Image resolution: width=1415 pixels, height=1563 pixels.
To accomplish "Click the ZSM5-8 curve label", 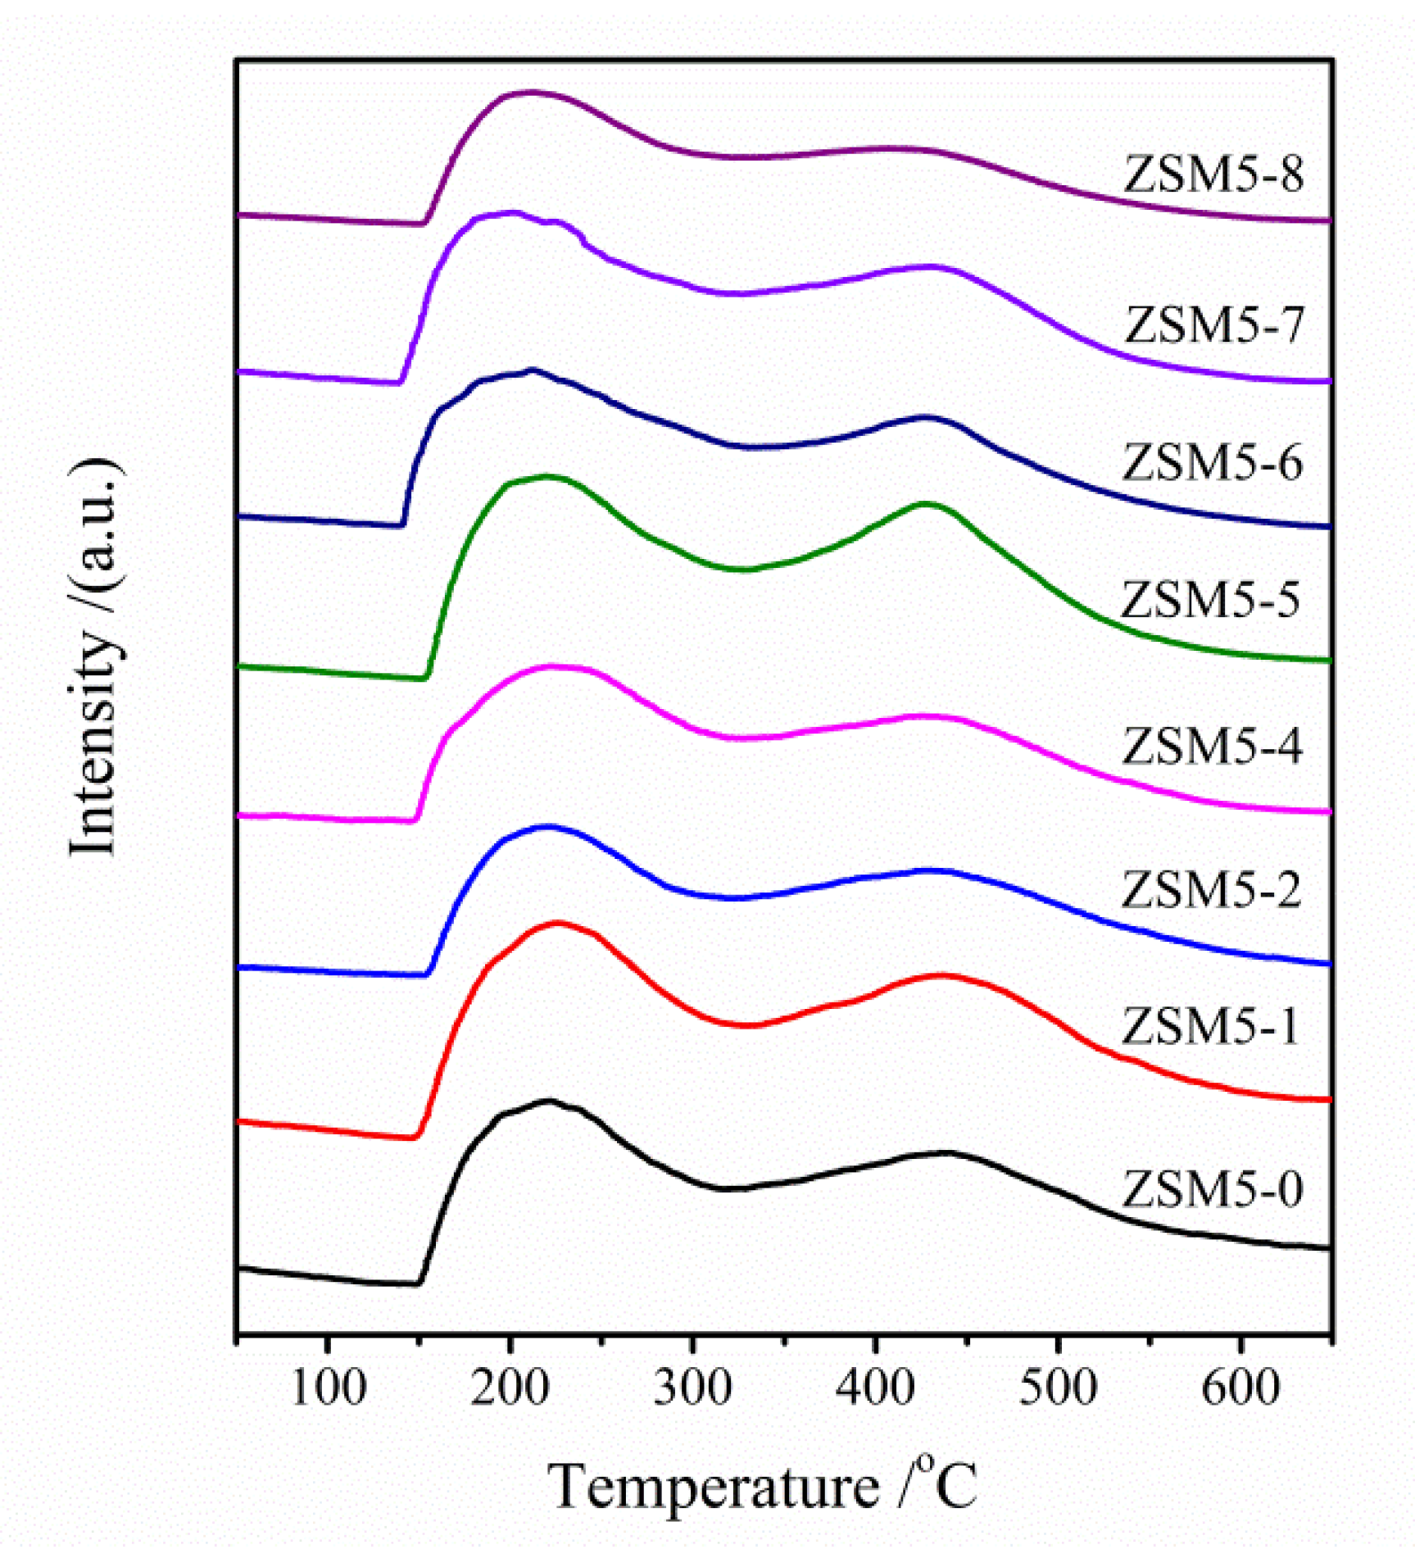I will click(x=1213, y=174).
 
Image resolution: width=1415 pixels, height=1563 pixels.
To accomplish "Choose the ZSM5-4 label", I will click(x=1212, y=746).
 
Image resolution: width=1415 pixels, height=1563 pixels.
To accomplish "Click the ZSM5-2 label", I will click(x=1211, y=889).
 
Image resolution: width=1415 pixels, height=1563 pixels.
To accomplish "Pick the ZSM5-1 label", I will click(x=1210, y=1025).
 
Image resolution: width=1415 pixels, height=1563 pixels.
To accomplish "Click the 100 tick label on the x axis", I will click(x=328, y=1388).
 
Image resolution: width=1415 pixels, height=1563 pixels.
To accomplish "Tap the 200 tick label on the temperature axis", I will click(x=510, y=1388).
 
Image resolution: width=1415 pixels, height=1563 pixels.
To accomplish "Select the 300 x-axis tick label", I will click(x=692, y=1388).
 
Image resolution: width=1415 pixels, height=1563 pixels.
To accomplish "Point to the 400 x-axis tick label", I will click(x=875, y=1388).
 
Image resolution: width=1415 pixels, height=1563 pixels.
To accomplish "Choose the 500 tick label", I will click(x=1058, y=1388).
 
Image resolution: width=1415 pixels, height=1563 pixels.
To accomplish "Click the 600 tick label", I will click(x=1240, y=1388).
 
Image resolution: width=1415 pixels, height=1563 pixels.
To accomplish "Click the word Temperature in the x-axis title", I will click(x=713, y=1488).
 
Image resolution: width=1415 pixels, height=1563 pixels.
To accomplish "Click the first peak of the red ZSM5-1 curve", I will click(x=559, y=923).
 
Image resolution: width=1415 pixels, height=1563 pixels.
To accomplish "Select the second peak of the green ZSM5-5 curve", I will click(x=926, y=505).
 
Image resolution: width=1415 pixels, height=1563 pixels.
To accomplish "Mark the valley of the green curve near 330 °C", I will click(x=744, y=569).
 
